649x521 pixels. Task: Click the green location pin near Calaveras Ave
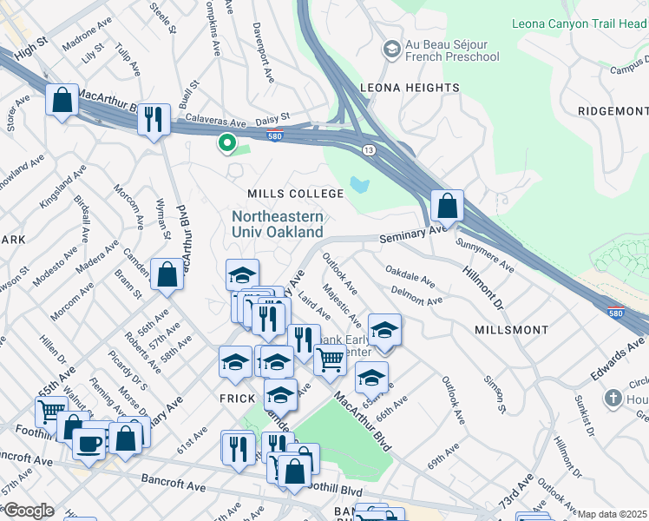click(226, 143)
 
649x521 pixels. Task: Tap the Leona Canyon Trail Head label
click(580, 23)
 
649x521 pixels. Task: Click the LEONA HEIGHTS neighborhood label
click(410, 88)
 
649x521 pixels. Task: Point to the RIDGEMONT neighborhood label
click(613, 112)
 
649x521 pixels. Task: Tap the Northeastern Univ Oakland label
click(277, 224)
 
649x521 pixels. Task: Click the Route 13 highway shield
click(369, 150)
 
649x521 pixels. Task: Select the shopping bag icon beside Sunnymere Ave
click(447, 207)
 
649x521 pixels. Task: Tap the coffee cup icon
click(88, 443)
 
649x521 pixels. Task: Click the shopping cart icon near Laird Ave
click(330, 358)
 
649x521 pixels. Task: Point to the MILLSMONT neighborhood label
click(511, 330)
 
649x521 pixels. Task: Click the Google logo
click(29, 511)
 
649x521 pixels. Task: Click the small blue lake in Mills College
click(360, 185)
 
